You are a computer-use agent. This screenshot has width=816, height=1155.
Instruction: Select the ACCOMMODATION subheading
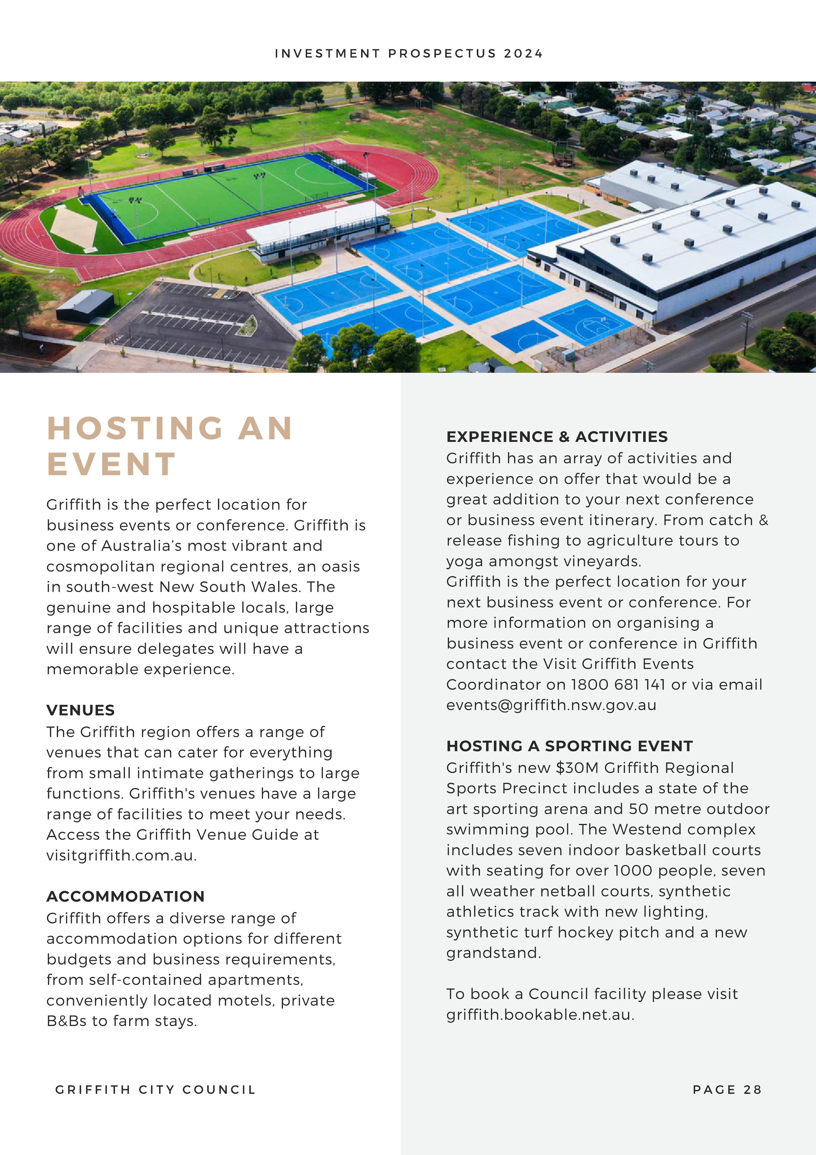125,896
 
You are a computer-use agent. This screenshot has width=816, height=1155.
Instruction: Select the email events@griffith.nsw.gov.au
551,705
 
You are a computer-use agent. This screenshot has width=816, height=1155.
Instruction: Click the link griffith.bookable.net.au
539,1015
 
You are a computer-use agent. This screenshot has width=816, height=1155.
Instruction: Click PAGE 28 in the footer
727,1089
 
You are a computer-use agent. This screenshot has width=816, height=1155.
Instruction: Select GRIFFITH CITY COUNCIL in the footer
155,1089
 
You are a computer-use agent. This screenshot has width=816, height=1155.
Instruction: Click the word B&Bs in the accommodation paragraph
66,1021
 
